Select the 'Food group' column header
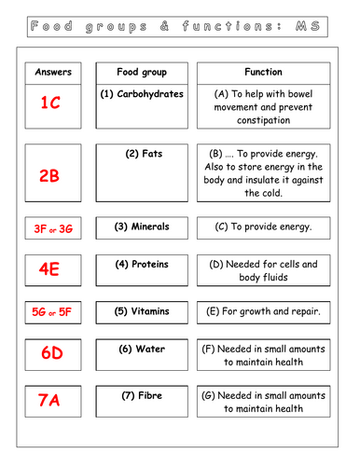[142, 72]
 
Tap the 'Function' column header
[263, 72]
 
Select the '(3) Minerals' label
[142, 226]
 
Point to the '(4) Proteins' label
[142, 264]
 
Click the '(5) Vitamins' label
[142, 310]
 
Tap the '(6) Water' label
[142, 349]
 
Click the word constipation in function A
[264, 123]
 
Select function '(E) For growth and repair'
[263, 310]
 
